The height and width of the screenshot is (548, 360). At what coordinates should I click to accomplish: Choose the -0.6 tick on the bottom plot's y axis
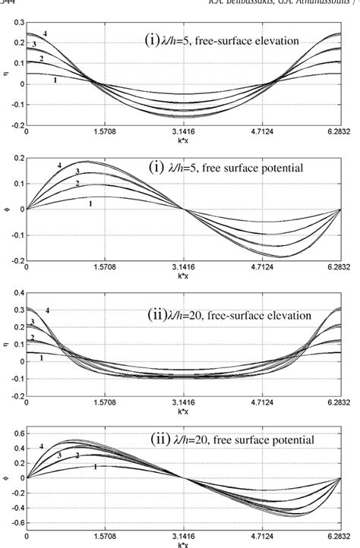pos(15,523)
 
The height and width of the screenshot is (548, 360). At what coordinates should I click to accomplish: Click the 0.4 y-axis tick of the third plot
pos(17,292)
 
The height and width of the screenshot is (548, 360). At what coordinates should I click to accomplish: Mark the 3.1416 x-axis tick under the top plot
pos(183,131)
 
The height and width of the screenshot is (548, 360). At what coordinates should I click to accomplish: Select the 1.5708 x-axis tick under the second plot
pos(105,267)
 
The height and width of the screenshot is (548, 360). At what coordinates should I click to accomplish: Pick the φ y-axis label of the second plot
pos(5,209)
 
